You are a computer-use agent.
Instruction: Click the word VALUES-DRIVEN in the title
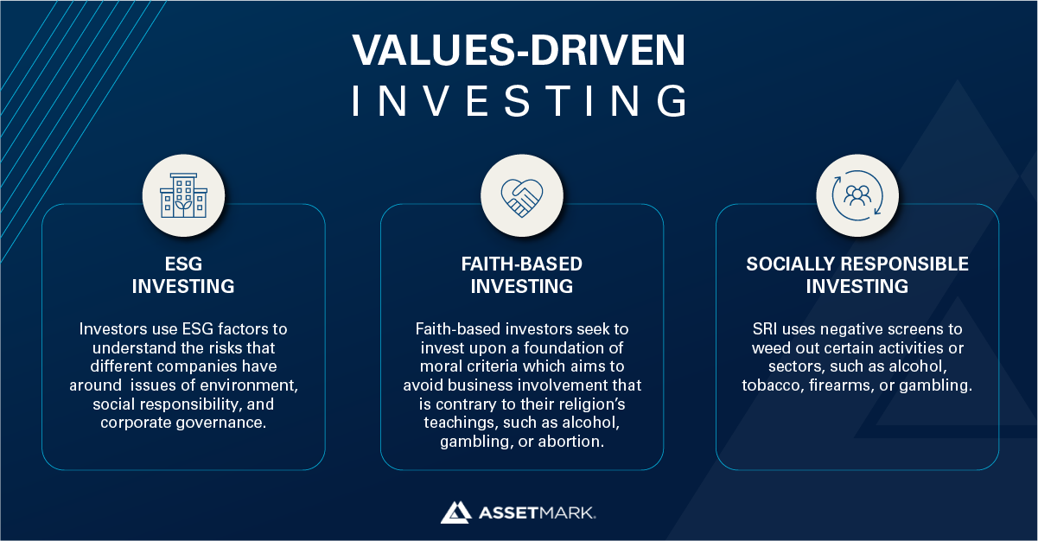pos(519,49)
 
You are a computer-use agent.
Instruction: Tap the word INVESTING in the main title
pos(519,100)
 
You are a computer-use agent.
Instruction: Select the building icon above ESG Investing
pos(183,195)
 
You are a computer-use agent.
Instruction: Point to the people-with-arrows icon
pos(857,195)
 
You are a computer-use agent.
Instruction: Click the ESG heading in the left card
pos(183,264)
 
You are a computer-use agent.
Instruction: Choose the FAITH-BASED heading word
pos(522,264)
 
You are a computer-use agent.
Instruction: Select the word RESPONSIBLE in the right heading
pos(904,264)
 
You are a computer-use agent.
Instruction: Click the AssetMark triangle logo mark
pos(456,512)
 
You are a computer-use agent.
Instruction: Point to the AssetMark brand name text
pos(537,512)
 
